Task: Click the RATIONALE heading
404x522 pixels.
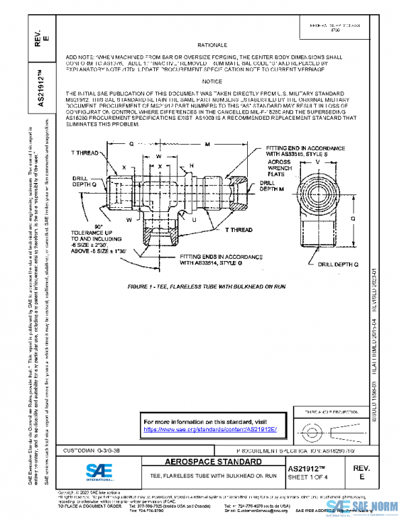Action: [215, 43]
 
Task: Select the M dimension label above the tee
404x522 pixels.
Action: [207, 144]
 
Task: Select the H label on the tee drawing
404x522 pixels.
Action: [191, 165]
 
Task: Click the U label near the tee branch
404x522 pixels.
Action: [194, 219]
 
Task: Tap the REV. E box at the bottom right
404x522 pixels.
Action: [376, 471]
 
